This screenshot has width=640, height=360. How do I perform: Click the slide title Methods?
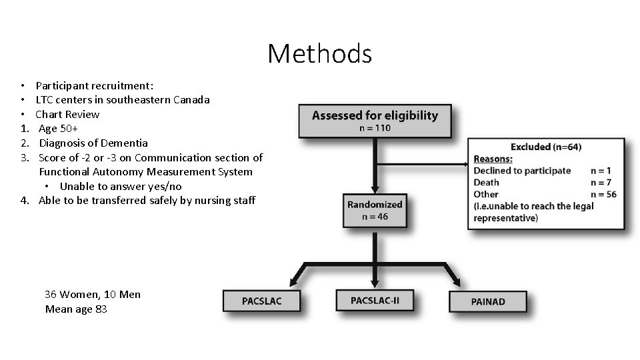pos(319,53)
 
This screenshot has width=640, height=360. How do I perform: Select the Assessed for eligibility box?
pos(375,121)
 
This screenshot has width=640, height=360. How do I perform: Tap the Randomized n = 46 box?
pos(375,210)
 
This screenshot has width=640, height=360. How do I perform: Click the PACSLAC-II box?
pos(375,300)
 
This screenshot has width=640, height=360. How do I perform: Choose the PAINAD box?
pos(487,301)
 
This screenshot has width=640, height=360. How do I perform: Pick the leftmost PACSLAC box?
pos(261,301)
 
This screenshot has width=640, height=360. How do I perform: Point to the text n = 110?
pos(375,128)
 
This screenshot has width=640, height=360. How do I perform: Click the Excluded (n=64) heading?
pos(545,147)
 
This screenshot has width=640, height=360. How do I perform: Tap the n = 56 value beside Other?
pos(603,194)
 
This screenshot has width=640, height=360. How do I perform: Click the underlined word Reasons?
pos(493,159)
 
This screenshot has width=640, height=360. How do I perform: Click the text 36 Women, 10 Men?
pos(93,294)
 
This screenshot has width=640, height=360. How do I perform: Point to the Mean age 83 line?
pos(76,309)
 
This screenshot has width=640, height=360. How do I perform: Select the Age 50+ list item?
pos(59,129)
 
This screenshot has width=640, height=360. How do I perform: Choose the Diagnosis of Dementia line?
pos(93,143)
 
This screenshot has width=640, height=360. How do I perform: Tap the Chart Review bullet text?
pos(67,114)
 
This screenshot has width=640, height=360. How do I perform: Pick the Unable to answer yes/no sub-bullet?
pos(120,186)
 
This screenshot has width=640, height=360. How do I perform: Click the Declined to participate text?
pos(522,170)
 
